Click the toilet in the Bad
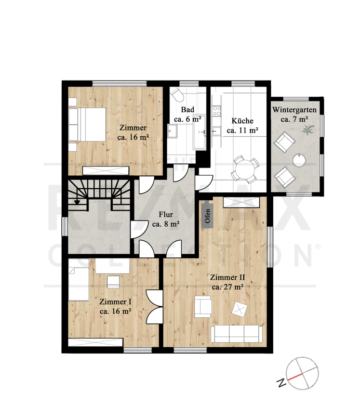[177, 95]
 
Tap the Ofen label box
[208, 216]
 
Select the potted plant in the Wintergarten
[308, 129]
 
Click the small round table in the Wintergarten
[299, 161]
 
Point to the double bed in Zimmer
[87, 124]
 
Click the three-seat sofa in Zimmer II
[236, 334]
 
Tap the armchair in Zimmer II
[203, 307]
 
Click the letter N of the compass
[281, 382]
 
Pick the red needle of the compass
[295, 377]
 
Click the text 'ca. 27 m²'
[228, 287]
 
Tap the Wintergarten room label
[294, 114]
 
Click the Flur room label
[166, 219]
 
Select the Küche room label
[243, 125]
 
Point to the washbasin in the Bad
[172, 131]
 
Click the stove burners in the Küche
[217, 111]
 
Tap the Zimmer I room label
[115, 306]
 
